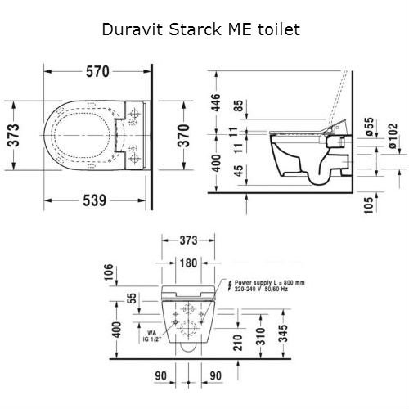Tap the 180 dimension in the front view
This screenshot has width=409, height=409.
[188, 263]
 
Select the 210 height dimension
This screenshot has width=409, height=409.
[236, 342]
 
